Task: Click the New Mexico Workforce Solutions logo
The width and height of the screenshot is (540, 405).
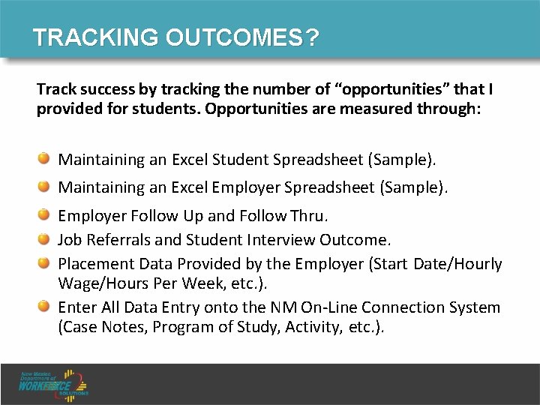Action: (x=55, y=382)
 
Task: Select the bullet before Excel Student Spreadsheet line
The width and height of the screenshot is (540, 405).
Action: (x=45, y=159)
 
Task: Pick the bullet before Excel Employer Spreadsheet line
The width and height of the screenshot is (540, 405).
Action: (x=45, y=186)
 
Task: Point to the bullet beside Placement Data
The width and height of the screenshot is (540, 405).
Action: (x=45, y=263)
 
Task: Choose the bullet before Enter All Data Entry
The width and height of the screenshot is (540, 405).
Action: (x=45, y=307)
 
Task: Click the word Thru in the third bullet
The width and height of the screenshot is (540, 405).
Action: (x=308, y=217)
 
